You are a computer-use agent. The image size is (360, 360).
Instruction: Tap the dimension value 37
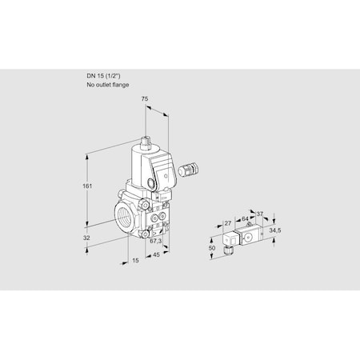[259, 213]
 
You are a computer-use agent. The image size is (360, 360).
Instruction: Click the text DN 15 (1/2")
[106, 75]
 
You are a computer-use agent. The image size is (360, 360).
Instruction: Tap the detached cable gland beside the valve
[191, 169]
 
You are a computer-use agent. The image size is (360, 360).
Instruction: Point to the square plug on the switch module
[230, 237]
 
